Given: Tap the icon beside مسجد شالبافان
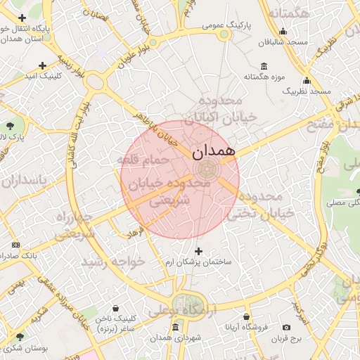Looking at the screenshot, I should point(283,31).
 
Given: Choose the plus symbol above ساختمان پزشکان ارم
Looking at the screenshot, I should point(198,250).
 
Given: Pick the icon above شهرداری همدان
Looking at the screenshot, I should point(175,327).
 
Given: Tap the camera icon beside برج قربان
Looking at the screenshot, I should point(286,328).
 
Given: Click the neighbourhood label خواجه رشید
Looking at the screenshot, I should point(112,261).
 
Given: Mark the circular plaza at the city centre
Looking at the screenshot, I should point(207,169).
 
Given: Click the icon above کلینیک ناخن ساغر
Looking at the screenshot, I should point(117,308).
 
